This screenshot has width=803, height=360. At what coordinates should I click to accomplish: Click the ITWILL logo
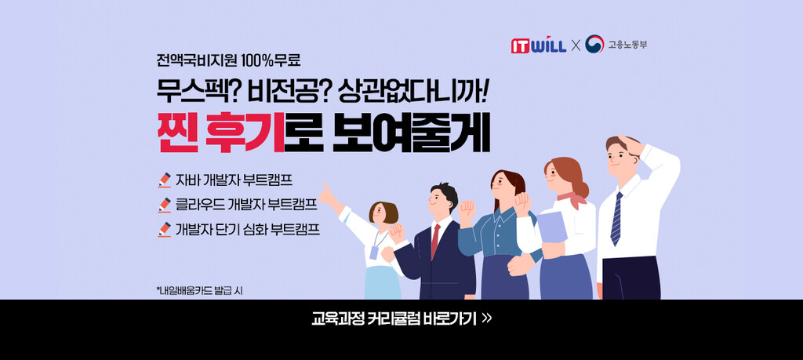click(x=538, y=45)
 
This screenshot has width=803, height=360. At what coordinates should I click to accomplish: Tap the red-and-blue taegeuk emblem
click(x=594, y=44)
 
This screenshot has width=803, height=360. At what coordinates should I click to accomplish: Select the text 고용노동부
click(x=627, y=45)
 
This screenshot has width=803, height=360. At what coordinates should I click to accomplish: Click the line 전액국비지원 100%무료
click(x=228, y=60)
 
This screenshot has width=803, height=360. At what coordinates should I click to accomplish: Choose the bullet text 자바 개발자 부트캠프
click(x=234, y=180)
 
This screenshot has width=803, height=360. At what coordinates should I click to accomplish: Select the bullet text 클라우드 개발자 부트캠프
click(x=246, y=205)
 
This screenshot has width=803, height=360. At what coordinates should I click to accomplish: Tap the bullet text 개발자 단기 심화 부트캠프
click(x=247, y=229)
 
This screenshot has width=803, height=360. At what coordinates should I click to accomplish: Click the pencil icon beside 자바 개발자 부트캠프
click(x=165, y=180)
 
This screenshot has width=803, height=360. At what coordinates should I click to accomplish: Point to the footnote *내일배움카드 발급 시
click(x=199, y=291)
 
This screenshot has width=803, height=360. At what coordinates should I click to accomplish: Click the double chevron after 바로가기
click(x=487, y=318)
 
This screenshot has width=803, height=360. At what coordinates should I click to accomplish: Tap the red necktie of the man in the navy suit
click(x=435, y=241)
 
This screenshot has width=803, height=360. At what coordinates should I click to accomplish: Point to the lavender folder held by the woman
click(x=552, y=227)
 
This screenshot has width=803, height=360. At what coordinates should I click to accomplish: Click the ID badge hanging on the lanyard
click(x=374, y=253)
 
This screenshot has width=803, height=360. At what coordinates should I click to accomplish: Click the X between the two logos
click(x=576, y=45)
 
